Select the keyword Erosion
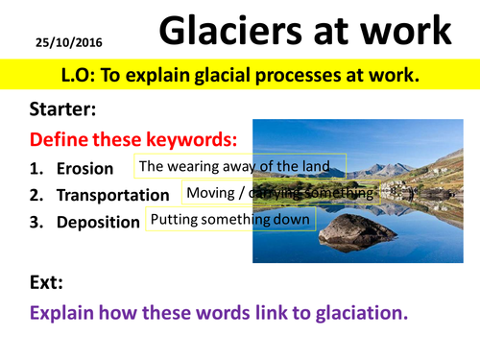(84, 169)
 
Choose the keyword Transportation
(112, 195)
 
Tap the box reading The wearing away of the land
(240, 166)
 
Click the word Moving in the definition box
(210, 193)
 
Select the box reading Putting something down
(230, 220)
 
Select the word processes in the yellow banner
(327, 71)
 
